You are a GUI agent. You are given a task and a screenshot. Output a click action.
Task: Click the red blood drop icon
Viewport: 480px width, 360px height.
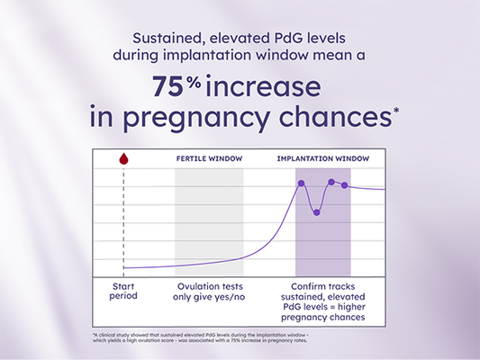[x=123, y=159]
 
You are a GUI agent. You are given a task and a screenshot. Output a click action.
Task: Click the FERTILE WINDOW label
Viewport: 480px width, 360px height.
[x=208, y=158]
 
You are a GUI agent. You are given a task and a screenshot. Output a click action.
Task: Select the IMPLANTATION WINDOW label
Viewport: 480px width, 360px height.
[x=322, y=158]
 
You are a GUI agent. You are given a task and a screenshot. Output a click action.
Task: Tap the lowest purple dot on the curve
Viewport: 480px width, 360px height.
[x=316, y=212]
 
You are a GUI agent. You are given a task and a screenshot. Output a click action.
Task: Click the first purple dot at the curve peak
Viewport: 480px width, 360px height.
[x=302, y=183]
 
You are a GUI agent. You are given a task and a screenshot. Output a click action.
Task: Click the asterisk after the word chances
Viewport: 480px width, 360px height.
[x=397, y=110]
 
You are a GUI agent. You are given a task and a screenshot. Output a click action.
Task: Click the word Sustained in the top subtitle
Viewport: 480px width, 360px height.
[x=165, y=39]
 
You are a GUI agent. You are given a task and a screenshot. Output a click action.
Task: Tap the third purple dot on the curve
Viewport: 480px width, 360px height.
[x=331, y=182]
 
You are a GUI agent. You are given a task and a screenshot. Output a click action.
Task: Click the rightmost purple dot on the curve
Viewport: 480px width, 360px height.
[x=344, y=185]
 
